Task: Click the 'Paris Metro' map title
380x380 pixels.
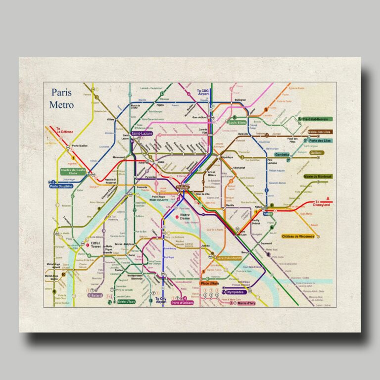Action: coord(61,99)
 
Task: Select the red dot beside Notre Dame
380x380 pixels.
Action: coord(177,217)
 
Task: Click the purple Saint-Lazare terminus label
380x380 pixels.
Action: coord(142,134)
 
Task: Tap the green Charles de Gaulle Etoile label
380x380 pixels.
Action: coord(73,172)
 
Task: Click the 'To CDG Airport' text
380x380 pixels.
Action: coord(203,93)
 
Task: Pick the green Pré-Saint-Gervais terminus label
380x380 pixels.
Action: coord(319,119)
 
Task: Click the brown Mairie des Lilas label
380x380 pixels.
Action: coord(319,132)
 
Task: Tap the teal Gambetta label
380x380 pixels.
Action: coord(282,154)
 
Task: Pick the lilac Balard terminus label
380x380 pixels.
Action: coord(95,295)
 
